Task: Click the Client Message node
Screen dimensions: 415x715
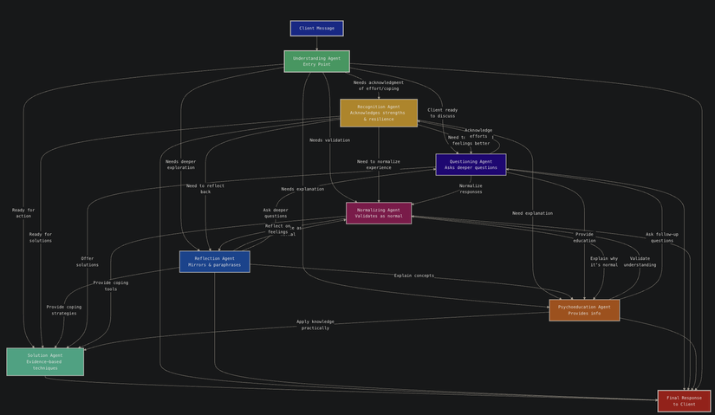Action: point(316,29)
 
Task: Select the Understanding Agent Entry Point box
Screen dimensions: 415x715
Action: point(316,62)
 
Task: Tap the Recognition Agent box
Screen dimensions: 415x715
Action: point(378,113)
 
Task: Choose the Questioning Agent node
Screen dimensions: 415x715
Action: point(471,165)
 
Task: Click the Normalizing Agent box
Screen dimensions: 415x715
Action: point(379,213)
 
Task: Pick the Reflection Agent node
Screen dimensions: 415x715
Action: point(214,262)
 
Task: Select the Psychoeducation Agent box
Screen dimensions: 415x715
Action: point(584,310)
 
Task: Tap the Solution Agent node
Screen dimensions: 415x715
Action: point(45,362)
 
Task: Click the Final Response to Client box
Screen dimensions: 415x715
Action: point(684,401)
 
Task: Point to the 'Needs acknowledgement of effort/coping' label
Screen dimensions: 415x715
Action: point(379,86)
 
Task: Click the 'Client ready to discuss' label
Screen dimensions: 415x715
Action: point(442,113)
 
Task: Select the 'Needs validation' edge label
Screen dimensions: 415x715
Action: point(329,140)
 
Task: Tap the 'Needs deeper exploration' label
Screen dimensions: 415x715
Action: point(181,165)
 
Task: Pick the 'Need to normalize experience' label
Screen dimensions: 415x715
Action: point(379,165)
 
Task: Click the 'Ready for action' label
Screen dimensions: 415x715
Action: point(23,213)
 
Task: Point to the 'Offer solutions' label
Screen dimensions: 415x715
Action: point(88,262)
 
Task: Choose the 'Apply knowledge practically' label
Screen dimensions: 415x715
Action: point(315,325)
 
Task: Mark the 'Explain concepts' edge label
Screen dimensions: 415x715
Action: point(414,276)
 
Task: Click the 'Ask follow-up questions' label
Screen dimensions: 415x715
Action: point(662,237)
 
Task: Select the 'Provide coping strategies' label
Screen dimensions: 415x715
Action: point(64,310)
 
